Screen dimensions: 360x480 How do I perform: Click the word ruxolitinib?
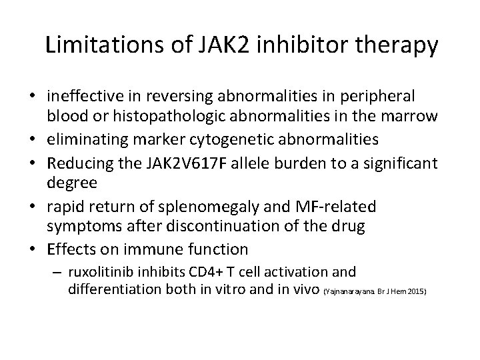(99, 272)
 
